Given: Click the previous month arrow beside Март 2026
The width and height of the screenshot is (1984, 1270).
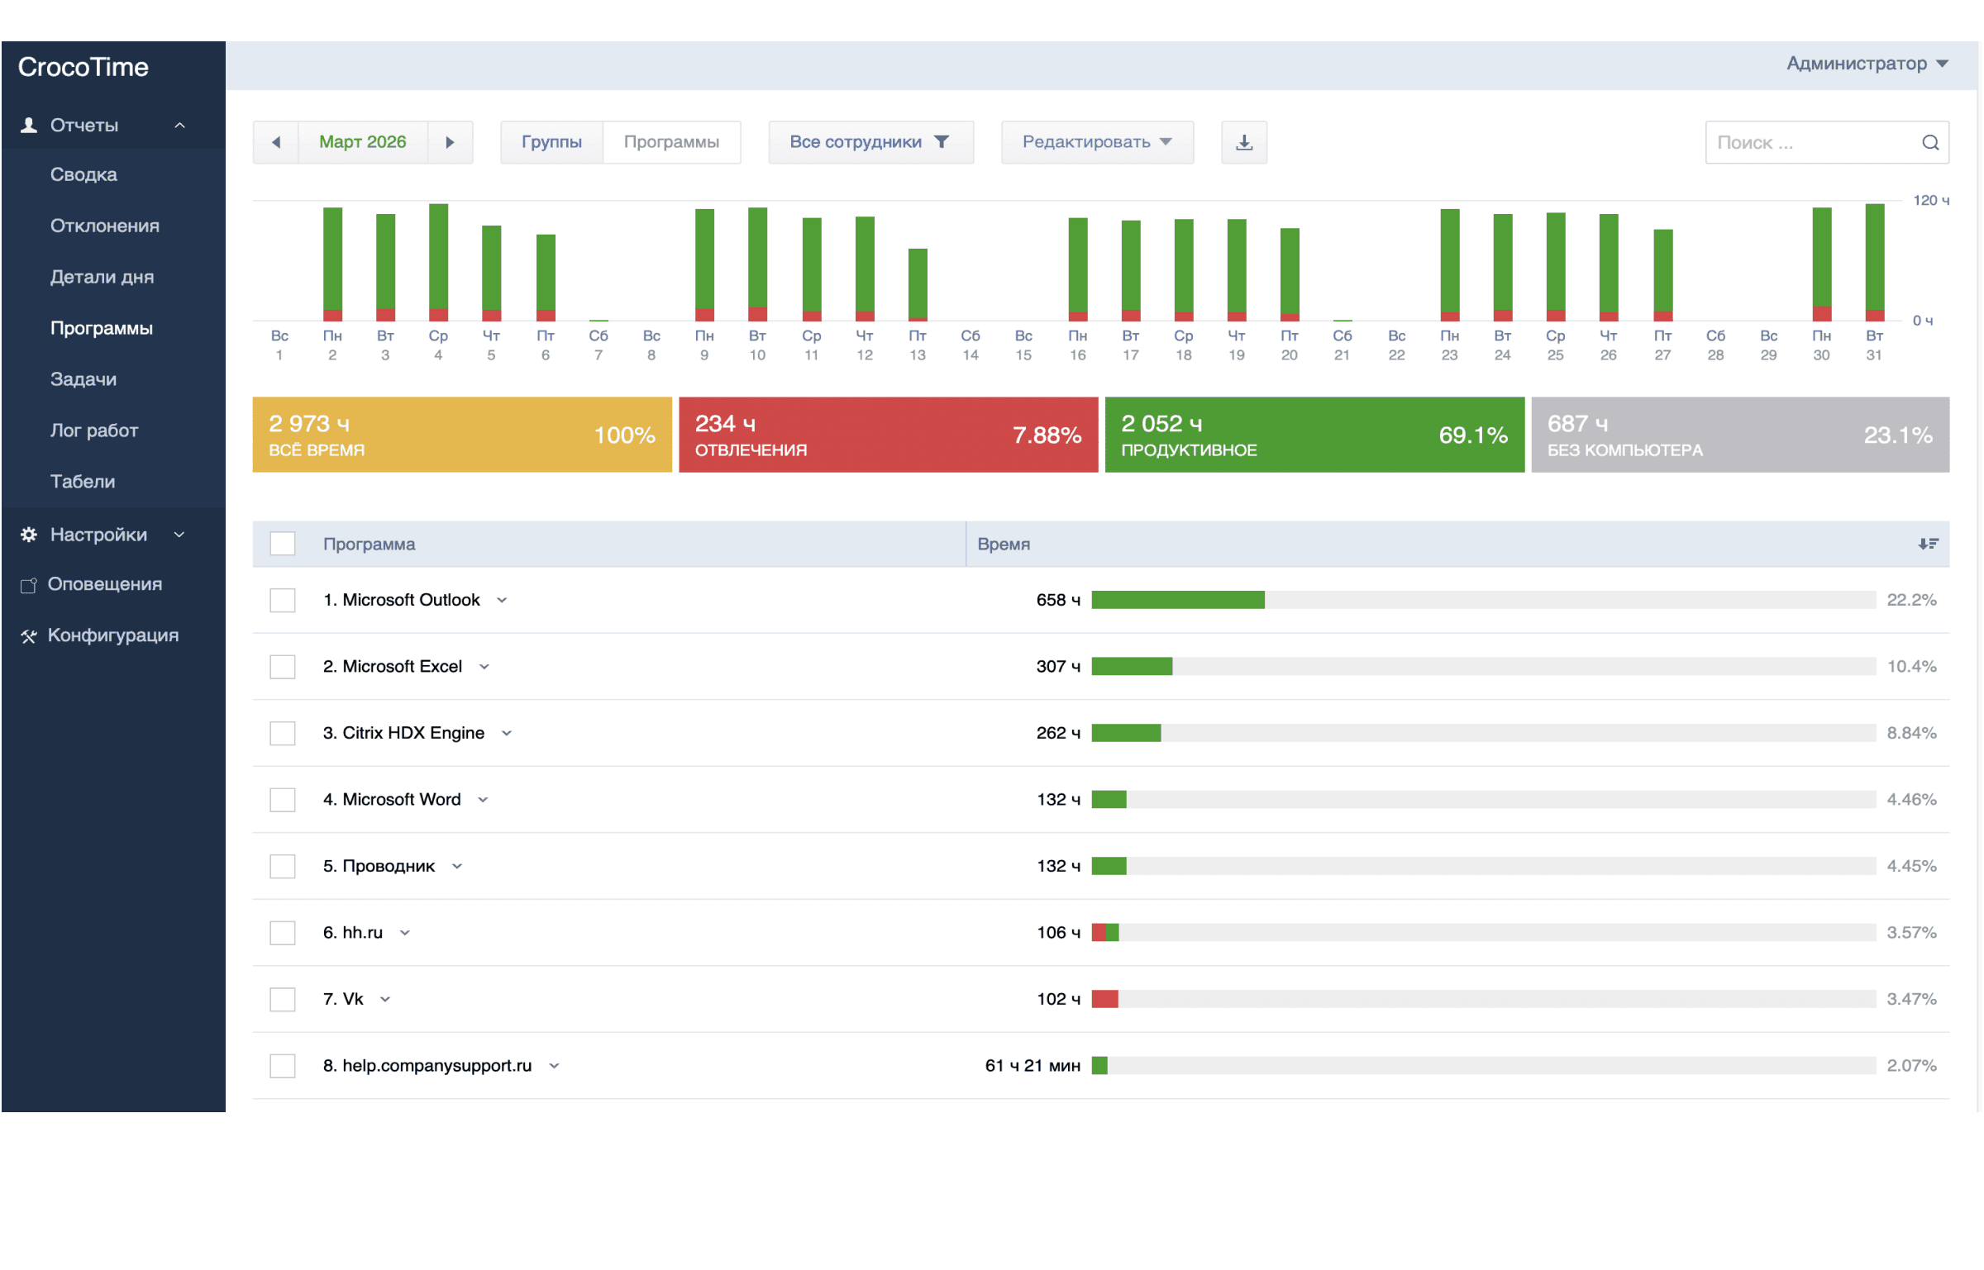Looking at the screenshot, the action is [x=275, y=142].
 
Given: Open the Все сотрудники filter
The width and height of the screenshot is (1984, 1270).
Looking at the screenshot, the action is [x=870, y=142].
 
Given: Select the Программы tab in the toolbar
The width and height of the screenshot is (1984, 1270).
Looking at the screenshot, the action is [x=671, y=142].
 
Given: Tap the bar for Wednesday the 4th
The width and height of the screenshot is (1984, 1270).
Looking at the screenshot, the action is [x=438, y=262].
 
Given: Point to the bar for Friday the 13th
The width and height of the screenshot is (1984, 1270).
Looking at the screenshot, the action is [x=918, y=284].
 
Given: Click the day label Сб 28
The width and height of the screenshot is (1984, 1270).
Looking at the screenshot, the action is [x=1715, y=345].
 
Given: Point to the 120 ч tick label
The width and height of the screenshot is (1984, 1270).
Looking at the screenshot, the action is [x=1931, y=200].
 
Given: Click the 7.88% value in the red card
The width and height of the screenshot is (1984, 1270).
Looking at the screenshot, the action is [x=1047, y=435].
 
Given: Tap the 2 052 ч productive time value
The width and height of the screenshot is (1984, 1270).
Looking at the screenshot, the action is [x=1161, y=424].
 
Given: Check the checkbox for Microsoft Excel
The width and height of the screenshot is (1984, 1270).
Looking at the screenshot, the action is [x=283, y=667].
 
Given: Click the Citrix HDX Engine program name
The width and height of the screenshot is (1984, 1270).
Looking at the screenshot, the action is [x=413, y=733].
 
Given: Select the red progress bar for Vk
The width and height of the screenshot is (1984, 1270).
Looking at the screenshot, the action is [x=1104, y=999].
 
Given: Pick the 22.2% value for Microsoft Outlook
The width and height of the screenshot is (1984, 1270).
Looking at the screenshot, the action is [x=1911, y=600].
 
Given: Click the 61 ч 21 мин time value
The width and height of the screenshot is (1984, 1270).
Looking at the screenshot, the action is [x=1033, y=1066].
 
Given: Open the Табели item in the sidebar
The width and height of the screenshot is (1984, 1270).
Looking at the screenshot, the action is [x=83, y=482].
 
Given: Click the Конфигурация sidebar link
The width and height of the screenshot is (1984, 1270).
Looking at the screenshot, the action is [x=113, y=635].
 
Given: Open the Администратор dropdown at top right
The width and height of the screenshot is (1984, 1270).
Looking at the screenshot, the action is [x=1867, y=64].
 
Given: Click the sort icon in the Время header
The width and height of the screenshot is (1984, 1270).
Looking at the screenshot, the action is [x=1928, y=544].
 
